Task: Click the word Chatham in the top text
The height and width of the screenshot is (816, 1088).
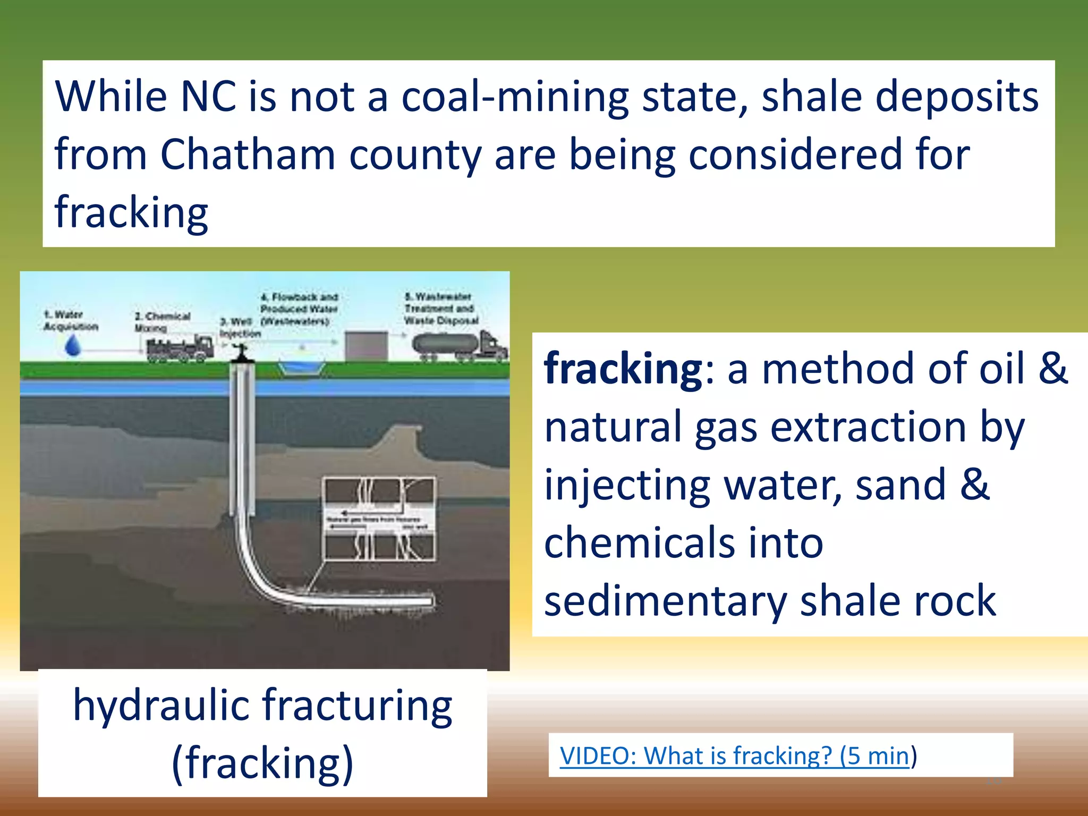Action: tap(247, 155)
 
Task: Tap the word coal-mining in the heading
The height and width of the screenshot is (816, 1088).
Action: tap(515, 97)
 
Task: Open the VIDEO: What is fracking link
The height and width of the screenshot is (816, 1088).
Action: tap(734, 755)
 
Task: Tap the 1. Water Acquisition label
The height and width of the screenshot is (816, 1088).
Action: tap(70, 320)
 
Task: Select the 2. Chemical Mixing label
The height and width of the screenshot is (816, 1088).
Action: tap(161, 322)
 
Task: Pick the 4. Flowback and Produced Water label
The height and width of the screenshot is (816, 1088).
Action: tap(299, 309)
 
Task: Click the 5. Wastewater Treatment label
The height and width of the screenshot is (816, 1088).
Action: tap(441, 309)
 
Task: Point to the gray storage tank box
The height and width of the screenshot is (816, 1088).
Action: tap(366, 346)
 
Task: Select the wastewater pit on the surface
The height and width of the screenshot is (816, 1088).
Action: tap(301, 366)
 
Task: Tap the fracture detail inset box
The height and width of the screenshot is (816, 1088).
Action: tap(379, 518)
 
